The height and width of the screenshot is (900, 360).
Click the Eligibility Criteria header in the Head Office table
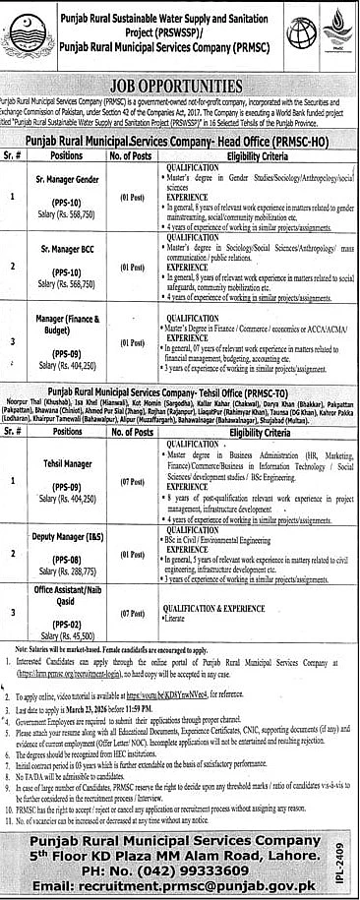coord(259,156)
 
